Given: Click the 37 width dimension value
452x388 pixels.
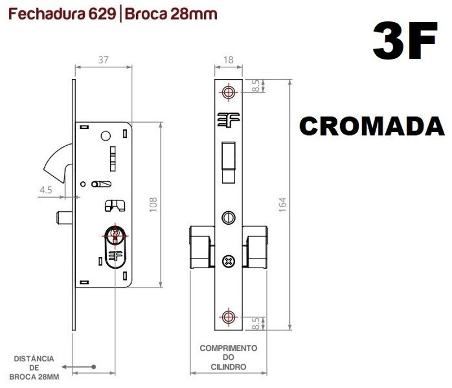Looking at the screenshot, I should pos(103,59).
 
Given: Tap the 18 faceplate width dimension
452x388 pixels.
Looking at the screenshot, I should pos(228,59).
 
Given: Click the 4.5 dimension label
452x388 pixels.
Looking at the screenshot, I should pos(46,190).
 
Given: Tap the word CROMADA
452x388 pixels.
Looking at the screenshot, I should pos(372,127).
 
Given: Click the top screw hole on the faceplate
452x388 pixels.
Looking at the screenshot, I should pos(228,92).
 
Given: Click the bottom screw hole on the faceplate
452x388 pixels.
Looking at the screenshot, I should pos(228,317).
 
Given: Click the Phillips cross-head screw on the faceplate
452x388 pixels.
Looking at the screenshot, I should pos(228,261).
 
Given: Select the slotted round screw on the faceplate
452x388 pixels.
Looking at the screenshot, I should pos(228,217).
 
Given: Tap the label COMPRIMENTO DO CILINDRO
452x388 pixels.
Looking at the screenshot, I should pos(228,358).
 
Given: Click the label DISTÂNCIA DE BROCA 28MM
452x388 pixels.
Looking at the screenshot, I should pos(35,368).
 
